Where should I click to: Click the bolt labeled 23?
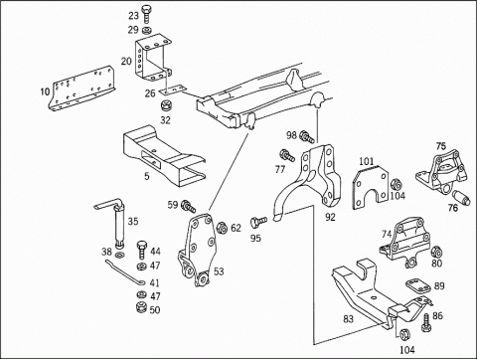point(146,14)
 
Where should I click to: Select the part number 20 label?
point(126,62)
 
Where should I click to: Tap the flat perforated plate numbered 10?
point(81,88)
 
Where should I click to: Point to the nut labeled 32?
point(165,106)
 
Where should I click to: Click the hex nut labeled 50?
point(142,307)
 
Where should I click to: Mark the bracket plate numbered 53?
point(197,250)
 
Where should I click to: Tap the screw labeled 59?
point(188,206)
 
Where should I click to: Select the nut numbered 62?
point(222,228)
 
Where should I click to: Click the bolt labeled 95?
point(258,221)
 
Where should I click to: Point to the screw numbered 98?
point(307,137)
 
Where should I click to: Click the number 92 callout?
point(330,217)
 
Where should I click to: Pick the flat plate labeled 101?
point(371,187)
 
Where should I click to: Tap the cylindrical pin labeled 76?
point(461,198)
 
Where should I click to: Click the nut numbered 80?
point(436,253)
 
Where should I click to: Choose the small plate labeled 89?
point(418,285)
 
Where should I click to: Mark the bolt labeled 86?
point(426,321)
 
